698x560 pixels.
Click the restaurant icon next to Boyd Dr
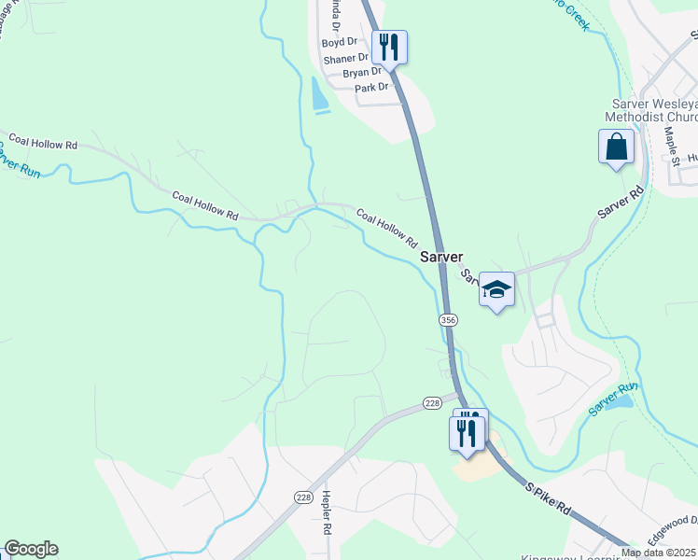click(x=389, y=47)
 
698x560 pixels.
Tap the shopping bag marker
click(x=616, y=147)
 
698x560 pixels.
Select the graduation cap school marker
click(x=496, y=289)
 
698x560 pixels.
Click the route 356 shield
click(x=449, y=319)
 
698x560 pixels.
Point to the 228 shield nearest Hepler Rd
click(x=302, y=497)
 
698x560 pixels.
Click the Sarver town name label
click(x=441, y=258)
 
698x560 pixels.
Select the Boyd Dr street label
click(x=340, y=43)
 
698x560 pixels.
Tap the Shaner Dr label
click(x=346, y=59)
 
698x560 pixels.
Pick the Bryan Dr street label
click(x=362, y=73)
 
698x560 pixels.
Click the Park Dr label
click(x=370, y=88)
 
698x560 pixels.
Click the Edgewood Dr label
click(x=672, y=522)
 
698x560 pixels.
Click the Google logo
click(x=31, y=549)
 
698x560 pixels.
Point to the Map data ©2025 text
click(x=659, y=553)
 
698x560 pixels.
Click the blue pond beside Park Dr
click(x=319, y=95)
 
